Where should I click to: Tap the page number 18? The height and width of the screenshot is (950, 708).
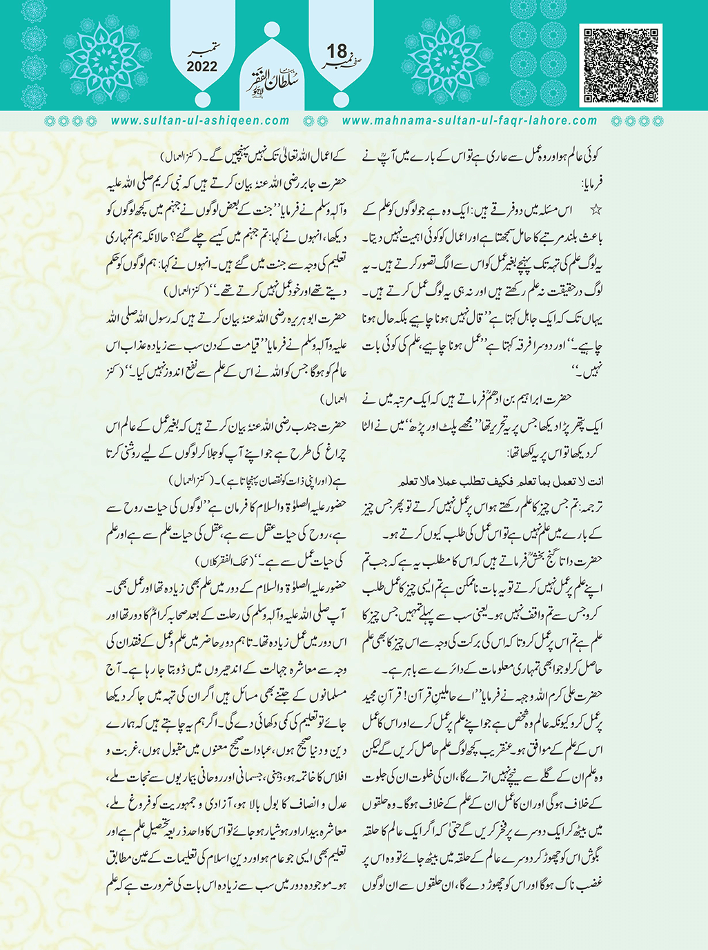click(x=337, y=51)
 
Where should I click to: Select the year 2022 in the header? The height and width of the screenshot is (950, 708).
click(x=201, y=67)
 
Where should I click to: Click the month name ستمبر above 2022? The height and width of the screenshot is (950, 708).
click(x=202, y=51)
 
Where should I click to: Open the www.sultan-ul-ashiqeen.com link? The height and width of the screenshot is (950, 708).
click(x=199, y=121)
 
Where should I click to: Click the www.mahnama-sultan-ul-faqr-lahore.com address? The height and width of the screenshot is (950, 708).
click(x=469, y=121)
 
